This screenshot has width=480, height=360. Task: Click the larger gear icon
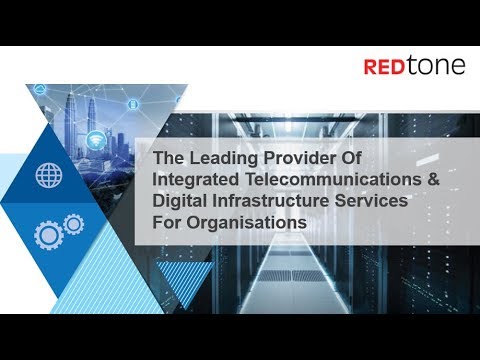click(x=48, y=236)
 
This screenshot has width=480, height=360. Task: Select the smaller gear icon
click(x=73, y=223)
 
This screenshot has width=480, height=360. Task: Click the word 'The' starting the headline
click(x=165, y=159)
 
